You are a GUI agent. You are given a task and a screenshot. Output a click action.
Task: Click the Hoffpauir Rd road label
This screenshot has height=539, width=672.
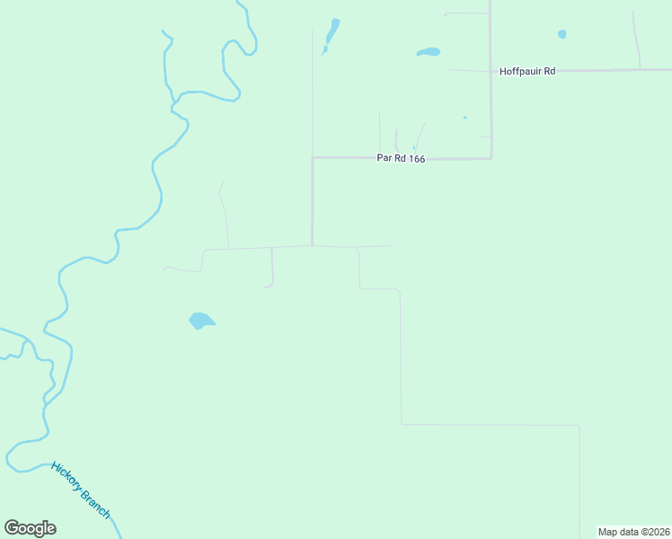click(527, 71)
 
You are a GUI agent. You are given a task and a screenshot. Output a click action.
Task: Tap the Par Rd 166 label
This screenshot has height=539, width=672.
click(400, 159)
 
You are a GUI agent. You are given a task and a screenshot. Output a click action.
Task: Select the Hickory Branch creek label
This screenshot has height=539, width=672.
click(81, 490)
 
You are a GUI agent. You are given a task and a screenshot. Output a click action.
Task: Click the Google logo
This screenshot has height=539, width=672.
click(30, 528)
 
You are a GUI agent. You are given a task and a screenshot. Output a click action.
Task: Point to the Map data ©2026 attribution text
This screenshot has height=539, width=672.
click(634, 532)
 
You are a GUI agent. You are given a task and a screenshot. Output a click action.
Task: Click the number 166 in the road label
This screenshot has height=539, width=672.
click(414, 159)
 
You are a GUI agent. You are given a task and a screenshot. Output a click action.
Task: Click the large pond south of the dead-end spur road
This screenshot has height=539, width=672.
click(200, 320)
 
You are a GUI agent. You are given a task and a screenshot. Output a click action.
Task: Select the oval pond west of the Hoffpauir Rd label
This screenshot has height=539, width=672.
click(429, 52)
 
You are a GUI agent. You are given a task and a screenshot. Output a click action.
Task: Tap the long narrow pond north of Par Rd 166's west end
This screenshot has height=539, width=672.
click(332, 33)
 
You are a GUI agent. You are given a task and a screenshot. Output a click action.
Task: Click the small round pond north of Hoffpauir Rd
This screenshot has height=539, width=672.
click(562, 34)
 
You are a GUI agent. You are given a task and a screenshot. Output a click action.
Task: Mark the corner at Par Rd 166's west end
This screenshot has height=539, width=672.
click(313, 158)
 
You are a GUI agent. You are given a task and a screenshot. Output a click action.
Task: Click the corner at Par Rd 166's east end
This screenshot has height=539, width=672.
click(491, 158)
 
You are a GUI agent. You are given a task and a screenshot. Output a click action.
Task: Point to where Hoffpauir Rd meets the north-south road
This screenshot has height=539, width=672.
click(491, 71)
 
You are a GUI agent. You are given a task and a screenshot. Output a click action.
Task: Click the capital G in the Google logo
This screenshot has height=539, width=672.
click(12, 527)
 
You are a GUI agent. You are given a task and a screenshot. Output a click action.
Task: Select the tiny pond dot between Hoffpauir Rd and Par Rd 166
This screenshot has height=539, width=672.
click(464, 118)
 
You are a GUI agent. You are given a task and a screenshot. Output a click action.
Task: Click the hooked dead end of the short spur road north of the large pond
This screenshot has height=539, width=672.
click(266, 287)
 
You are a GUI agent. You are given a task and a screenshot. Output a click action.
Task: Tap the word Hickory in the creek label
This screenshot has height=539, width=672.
click(67, 476)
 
